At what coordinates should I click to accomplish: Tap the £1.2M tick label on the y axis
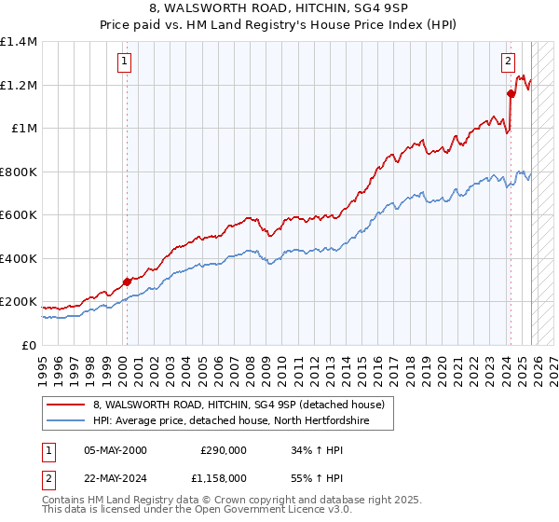[19, 85]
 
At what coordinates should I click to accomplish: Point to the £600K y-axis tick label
[19, 215]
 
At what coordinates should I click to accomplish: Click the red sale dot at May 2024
[511, 93]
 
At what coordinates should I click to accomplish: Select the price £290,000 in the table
[224, 450]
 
